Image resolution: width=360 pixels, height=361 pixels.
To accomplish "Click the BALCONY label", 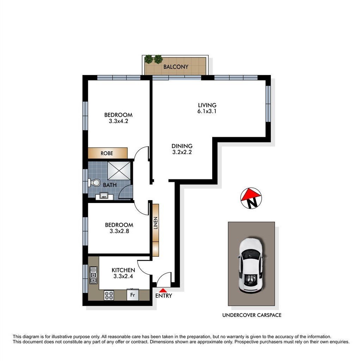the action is tap(176, 67).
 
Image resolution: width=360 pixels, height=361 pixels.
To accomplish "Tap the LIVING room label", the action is tap(207, 105).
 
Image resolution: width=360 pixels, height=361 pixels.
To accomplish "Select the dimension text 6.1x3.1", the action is tap(207, 111).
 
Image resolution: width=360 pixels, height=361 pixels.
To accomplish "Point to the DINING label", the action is tap(182, 146).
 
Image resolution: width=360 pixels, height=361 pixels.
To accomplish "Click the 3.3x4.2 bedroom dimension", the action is tap(118, 121).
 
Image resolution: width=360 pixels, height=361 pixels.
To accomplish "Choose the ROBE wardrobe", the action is tap(108, 153).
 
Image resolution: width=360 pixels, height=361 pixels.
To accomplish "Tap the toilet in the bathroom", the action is tap(94, 183).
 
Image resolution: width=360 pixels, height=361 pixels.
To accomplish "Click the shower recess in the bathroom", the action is tap(119, 171).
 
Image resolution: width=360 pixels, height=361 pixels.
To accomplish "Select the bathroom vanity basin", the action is tap(104, 196).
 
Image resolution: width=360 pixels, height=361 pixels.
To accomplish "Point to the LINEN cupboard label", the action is tap(156, 223).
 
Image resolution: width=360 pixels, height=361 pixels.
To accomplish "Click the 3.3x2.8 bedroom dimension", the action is tap(119, 231).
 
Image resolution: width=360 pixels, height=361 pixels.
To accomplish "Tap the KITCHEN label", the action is tap(123, 270).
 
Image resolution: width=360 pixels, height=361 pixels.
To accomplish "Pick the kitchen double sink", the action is tap(93, 275).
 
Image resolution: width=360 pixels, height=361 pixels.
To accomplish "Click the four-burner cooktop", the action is tap(109, 295).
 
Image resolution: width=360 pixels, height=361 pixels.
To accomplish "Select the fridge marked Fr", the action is tap(133, 295).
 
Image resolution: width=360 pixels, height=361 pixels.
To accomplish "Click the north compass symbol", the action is tap(251, 198).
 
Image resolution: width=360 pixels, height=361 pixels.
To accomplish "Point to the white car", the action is tap(251, 265).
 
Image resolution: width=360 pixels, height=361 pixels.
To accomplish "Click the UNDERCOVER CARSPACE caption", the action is tap(252, 315).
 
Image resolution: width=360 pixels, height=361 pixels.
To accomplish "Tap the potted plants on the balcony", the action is tap(154, 59).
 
